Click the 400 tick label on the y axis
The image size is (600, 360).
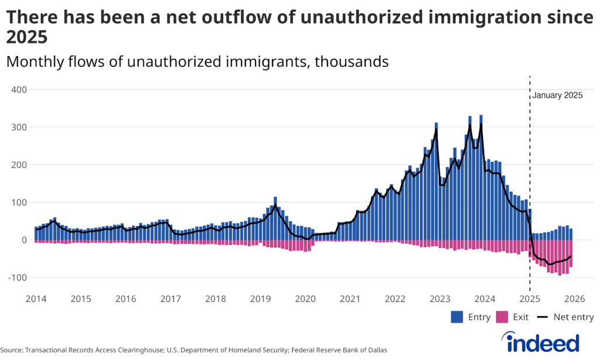[x=19, y=90]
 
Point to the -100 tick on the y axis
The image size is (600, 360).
[x=17, y=277]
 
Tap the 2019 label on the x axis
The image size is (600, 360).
[x=260, y=298]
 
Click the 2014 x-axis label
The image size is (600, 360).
[x=36, y=298]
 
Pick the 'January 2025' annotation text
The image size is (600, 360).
[x=557, y=96]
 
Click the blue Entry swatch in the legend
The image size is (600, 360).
[x=458, y=317]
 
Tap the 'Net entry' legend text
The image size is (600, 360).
[x=574, y=317]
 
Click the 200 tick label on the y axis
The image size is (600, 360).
[x=19, y=165]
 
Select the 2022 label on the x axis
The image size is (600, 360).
[x=395, y=298]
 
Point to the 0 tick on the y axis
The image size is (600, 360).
[x=24, y=240]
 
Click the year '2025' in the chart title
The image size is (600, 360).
[x=26, y=38]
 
